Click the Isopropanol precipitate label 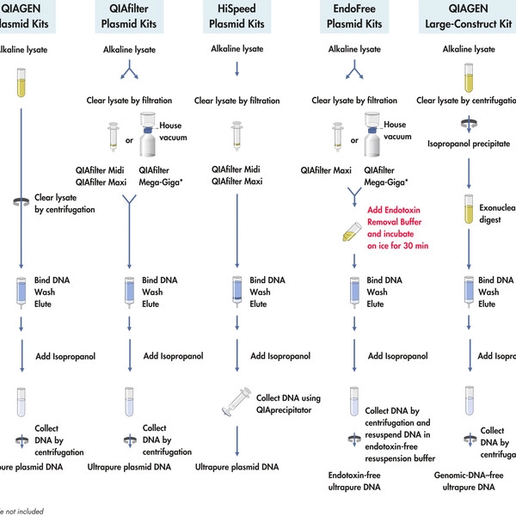pos(469,144)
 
